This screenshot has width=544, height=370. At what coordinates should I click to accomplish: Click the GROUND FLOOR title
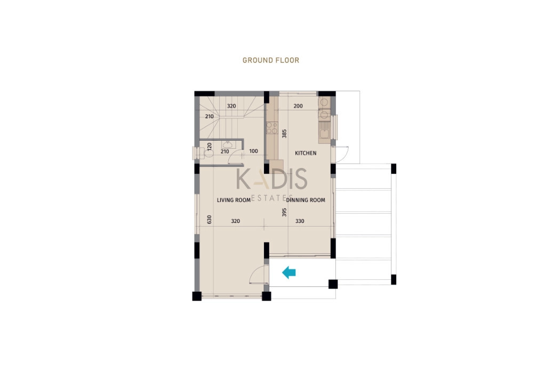(x=270, y=60)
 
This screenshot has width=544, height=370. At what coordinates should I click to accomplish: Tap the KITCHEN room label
(x=306, y=153)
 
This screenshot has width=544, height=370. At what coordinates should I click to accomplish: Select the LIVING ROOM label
(x=234, y=200)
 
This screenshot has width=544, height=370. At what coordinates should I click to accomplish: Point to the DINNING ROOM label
(x=306, y=200)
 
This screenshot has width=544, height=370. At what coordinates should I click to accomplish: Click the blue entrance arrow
(x=289, y=272)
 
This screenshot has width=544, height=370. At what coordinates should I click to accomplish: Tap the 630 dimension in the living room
(x=209, y=219)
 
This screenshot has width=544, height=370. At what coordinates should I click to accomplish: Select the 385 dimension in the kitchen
(x=284, y=133)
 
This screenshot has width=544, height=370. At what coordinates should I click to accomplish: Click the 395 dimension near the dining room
(x=284, y=212)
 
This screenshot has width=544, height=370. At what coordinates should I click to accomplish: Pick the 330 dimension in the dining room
(x=300, y=221)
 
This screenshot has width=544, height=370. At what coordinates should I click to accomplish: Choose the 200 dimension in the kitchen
(x=298, y=106)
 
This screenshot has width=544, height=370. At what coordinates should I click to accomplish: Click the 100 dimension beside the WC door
(x=254, y=151)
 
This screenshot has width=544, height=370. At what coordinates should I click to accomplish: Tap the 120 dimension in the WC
(x=209, y=146)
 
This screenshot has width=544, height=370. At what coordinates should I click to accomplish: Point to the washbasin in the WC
(x=228, y=144)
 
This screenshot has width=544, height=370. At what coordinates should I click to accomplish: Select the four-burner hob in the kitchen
(x=271, y=128)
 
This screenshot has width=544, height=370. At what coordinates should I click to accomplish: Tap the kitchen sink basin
(x=324, y=133)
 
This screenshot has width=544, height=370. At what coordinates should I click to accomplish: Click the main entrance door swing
(x=259, y=275)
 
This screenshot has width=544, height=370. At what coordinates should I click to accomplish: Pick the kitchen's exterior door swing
(x=340, y=154)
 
